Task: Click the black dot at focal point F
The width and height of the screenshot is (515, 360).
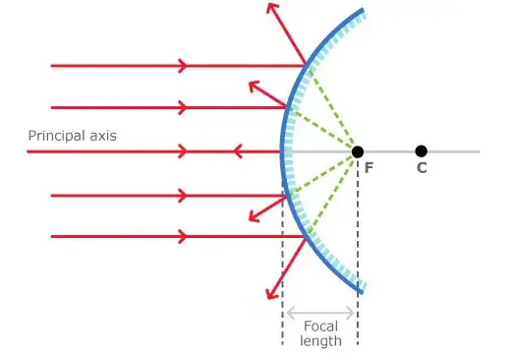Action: point(358,151)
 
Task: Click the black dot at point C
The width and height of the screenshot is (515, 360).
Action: point(421,151)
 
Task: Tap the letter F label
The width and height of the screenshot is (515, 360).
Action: point(369,168)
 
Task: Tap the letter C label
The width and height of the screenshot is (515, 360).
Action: point(422,168)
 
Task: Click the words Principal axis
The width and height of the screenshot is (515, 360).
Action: point(72,136)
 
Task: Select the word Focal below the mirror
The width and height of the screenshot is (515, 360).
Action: point(321,326)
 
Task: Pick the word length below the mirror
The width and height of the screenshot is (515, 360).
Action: point(321,340)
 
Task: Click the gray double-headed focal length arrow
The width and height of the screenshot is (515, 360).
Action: point(320,313)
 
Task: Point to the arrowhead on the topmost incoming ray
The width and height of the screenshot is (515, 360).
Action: point(182,66)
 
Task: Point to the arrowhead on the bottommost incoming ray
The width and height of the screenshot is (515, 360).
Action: point(182,236)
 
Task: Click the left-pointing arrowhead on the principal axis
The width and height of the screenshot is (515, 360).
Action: point(237,151)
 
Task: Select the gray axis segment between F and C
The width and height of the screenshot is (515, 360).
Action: point(389,151)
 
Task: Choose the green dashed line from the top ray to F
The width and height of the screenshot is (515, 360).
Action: point(332,108)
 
